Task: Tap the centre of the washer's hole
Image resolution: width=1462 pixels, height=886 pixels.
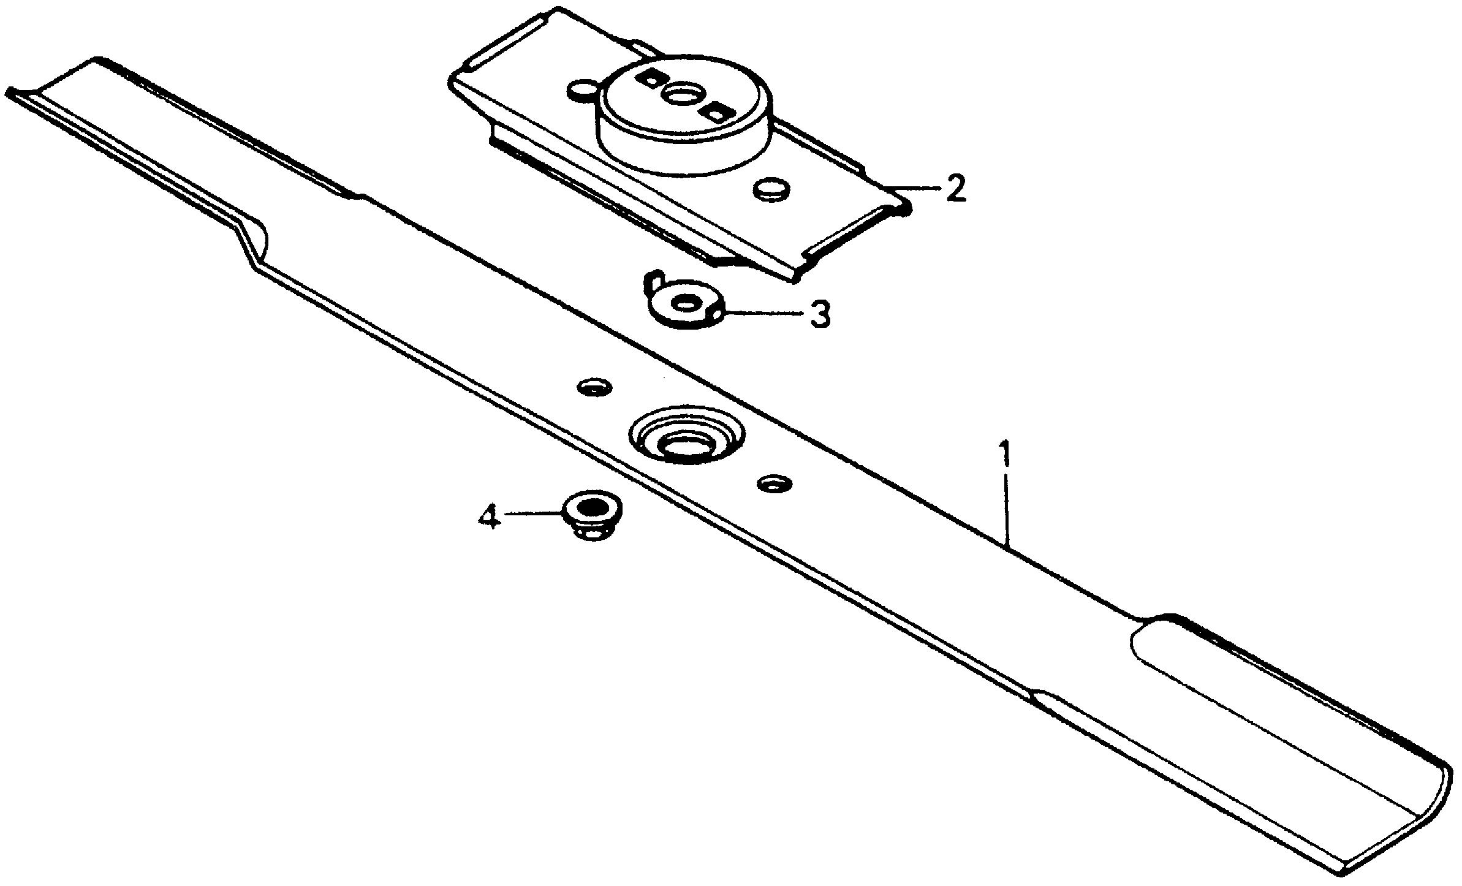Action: click(x=684, y=303)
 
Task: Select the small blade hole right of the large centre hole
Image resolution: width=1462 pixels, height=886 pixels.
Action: click(x=775, y=483)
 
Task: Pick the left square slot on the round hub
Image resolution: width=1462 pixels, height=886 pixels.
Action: click(x=650, y=78)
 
